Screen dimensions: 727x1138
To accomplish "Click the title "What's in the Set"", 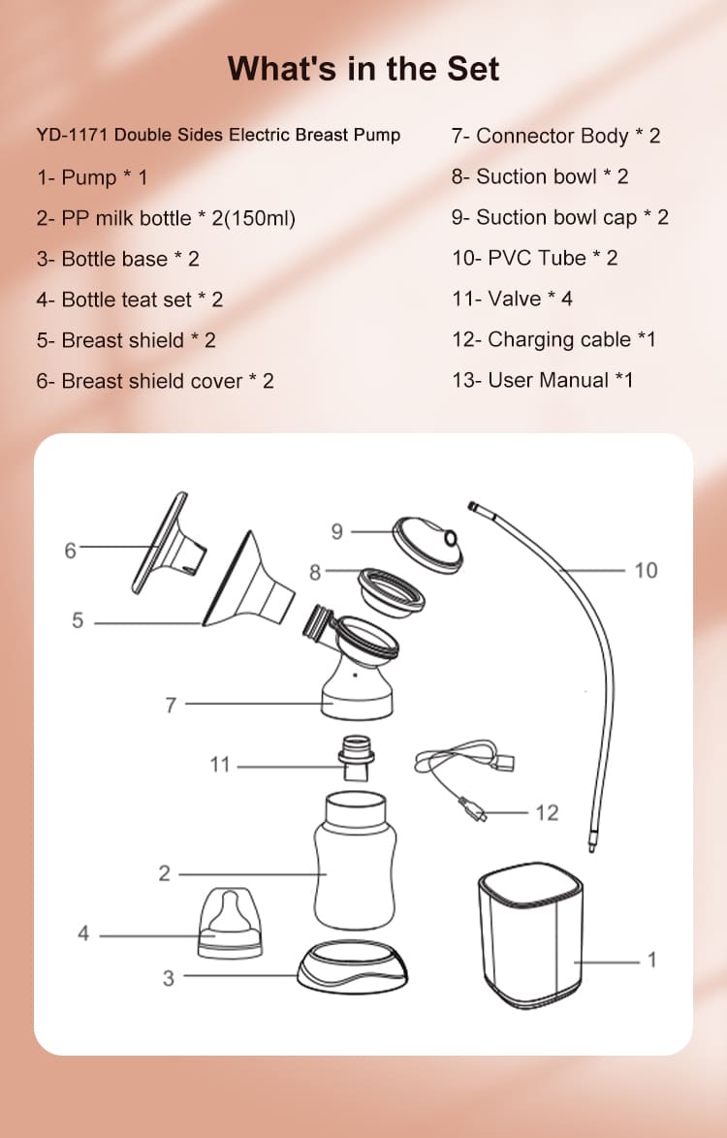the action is click(x=363, y=69).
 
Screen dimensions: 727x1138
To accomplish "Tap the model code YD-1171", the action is click(x=73, y=135).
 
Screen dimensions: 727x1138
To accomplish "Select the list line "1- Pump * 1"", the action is click(x=92, y=177).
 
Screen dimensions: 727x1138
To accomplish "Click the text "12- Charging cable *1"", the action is click(x=553, y=339).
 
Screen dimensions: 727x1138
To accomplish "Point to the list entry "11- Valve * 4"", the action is click(x=512, y=299).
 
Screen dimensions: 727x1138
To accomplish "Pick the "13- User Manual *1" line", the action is click(x=543, y=380).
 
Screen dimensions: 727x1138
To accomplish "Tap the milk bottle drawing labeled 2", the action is click(x=355, y=860).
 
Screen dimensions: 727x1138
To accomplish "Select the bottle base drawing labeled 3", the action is click(x=352, y=967).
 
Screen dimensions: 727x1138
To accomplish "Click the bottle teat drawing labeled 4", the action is click(x=230, y=923).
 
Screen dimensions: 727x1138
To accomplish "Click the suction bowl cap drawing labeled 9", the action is click(x=428, y=545).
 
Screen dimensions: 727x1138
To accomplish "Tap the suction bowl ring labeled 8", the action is click(x=392, y=592).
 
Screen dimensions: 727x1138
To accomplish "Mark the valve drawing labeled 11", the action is click(x=356, y=758).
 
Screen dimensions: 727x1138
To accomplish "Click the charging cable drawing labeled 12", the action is click(x=464, y=778).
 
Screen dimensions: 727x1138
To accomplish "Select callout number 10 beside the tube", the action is click(x=646, y=571).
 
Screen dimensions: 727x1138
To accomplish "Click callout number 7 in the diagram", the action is click(x=171, y=705).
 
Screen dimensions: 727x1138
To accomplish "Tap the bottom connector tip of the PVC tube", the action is click(x=592, y=845).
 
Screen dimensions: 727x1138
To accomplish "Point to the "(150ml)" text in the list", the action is click(x=260, y=218).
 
